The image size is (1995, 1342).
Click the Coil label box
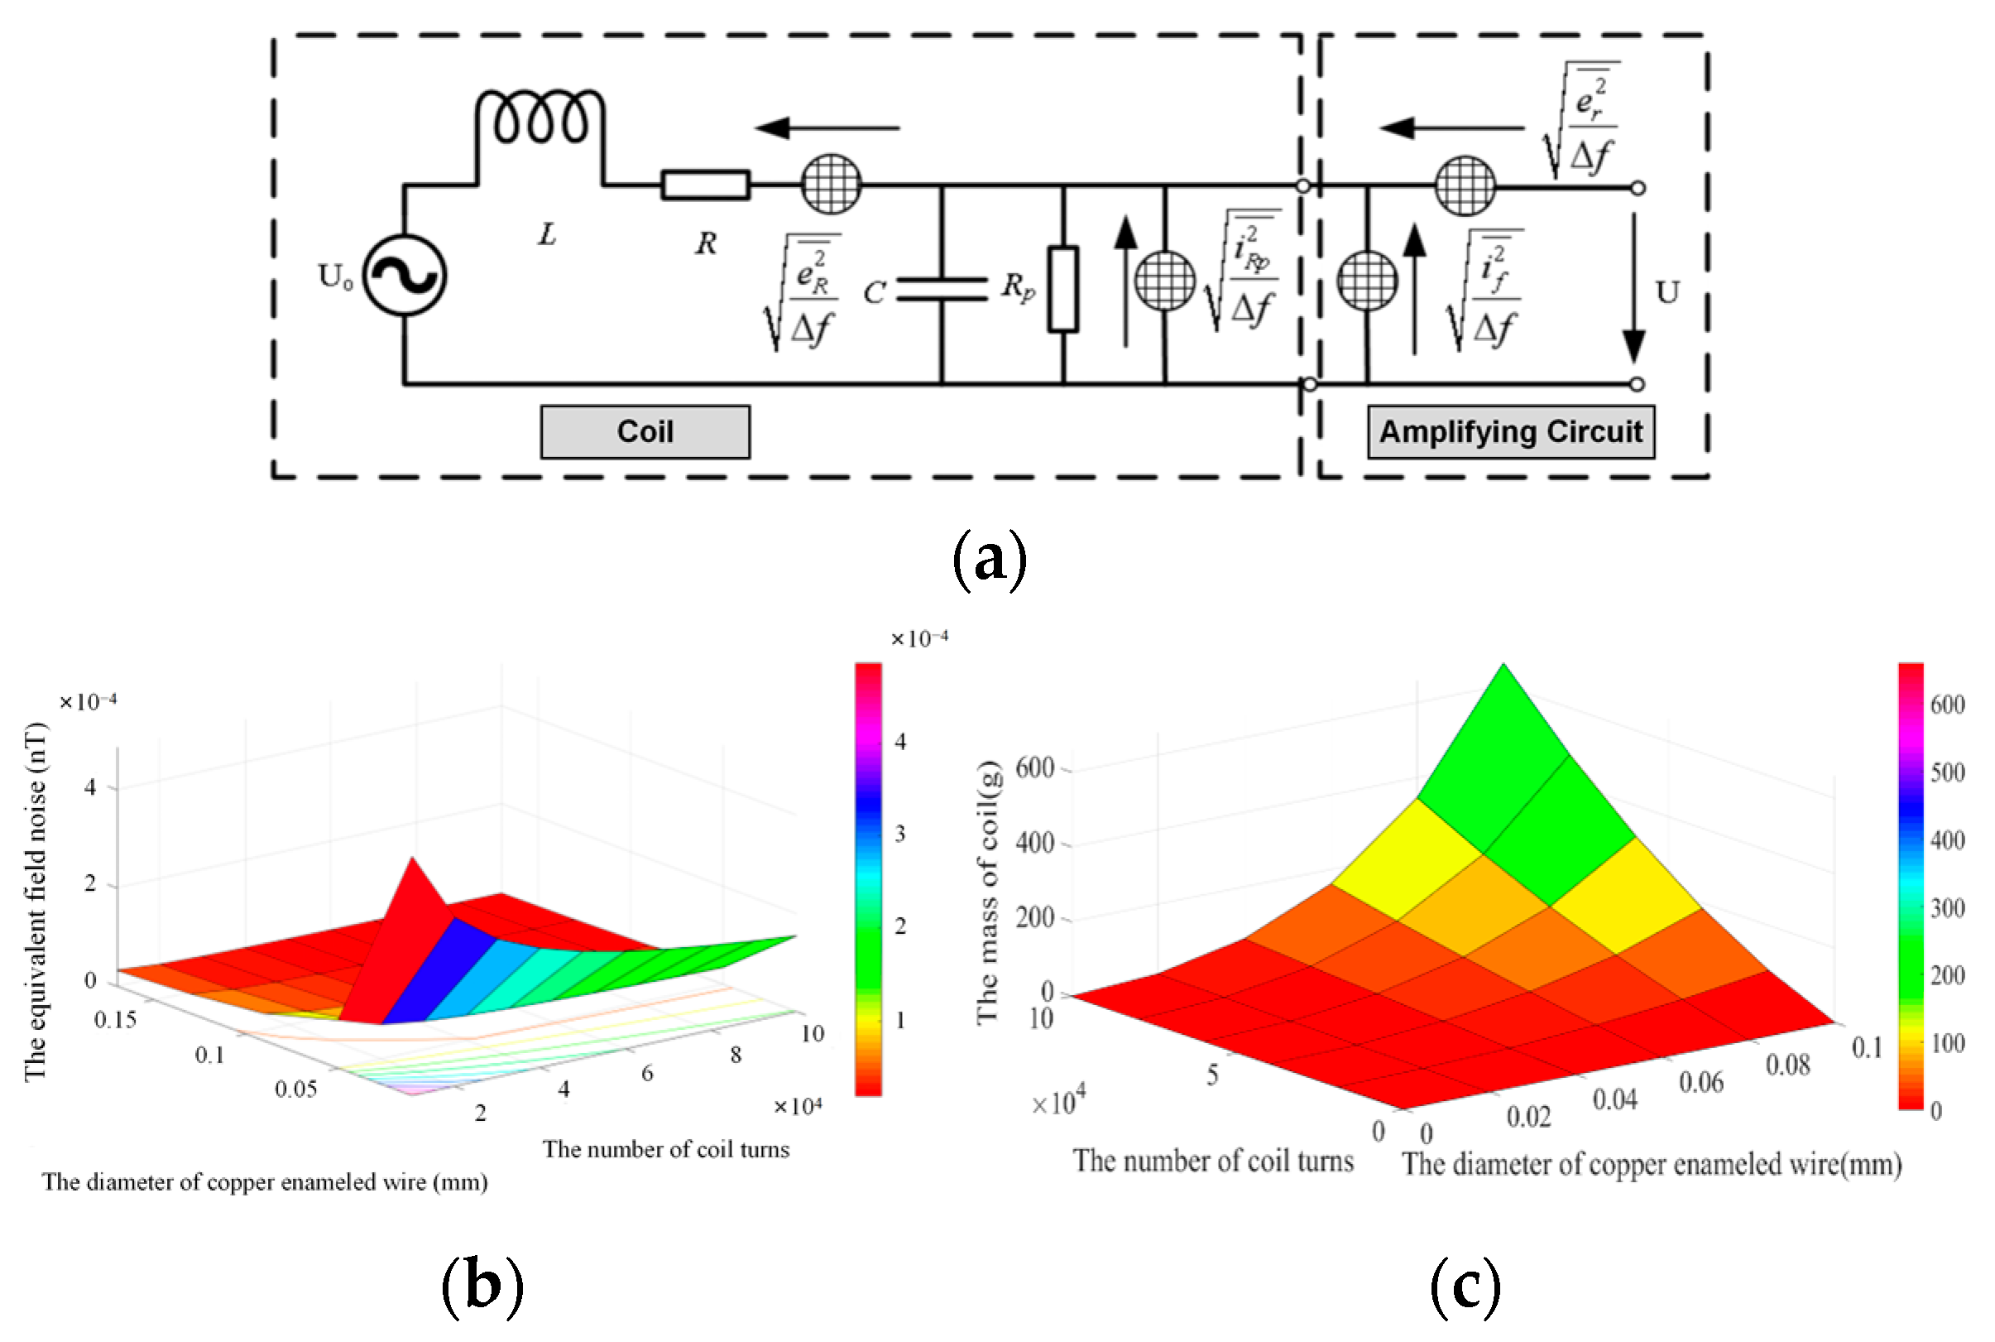[645, 432]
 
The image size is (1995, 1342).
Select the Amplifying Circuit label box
[1510, 432]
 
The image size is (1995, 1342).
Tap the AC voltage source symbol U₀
[404, 276]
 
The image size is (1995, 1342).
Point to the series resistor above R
[706, 185]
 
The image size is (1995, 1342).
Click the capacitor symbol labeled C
[942, 289]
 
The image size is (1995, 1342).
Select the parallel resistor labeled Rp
[1062, 288]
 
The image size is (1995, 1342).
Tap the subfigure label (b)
[482, 1287]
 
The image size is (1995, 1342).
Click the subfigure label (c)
[1465, 1287]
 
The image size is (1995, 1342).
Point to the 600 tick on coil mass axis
[1034, 767]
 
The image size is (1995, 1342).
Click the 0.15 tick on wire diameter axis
[116, 1019]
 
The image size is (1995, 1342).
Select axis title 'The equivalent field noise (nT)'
[35, 903]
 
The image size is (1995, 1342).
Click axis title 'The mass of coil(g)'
[988, 892]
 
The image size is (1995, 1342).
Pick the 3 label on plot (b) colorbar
[900, 834]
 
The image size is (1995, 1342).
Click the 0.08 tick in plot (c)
[1788, 1065]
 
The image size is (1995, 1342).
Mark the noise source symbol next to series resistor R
[831, 184]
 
